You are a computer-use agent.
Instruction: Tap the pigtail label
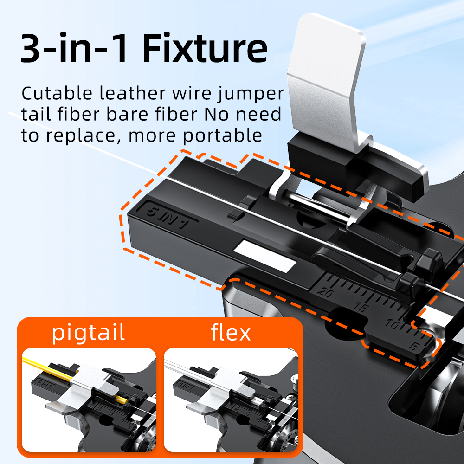tap(88, 333)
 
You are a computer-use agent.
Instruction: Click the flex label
tap(231, 333)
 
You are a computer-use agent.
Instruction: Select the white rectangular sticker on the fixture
tap(264, 258)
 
